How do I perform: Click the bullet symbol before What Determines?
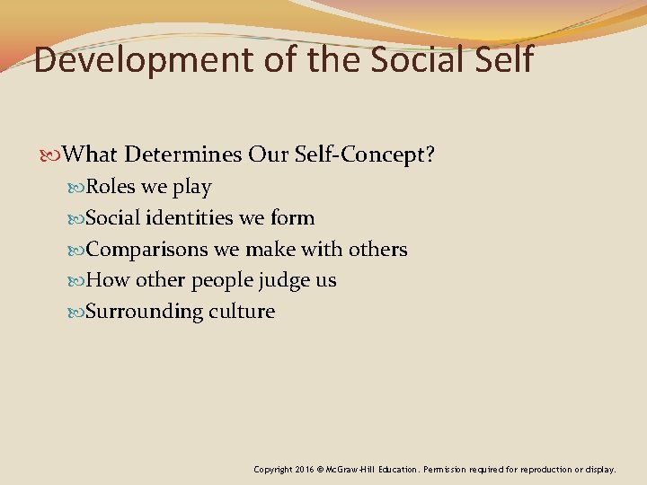[55, 155]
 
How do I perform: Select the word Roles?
[110, 187]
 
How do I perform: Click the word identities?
[186, 218]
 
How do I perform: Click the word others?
[380, 249]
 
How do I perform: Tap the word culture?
[243, 312]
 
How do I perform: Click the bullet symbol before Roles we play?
[76, 188]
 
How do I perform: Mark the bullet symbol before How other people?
[76, 281]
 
